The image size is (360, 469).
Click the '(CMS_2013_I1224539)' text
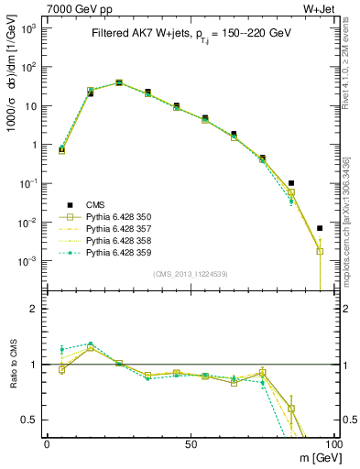pyautogui.click(x=190, y=273)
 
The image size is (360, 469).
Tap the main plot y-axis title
pyautogui.click(x=12, y=87)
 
